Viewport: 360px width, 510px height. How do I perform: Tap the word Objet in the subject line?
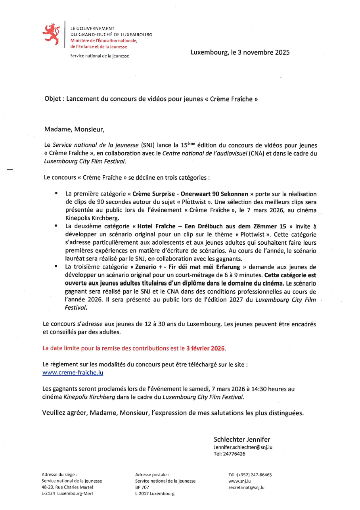pos(53,99)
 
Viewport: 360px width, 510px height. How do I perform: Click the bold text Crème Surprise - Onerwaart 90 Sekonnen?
pos(190,194)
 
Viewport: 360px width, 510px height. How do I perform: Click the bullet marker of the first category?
pos(57,194)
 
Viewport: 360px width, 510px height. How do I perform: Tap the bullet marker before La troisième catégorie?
pos(57,267)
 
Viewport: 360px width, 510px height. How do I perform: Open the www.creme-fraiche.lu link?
pos(73,373)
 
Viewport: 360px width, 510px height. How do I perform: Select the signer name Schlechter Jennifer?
pos(242,439)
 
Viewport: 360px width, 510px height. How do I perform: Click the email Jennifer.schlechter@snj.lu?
pos(243,447)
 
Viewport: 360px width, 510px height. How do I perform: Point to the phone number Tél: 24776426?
pos(229,454)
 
